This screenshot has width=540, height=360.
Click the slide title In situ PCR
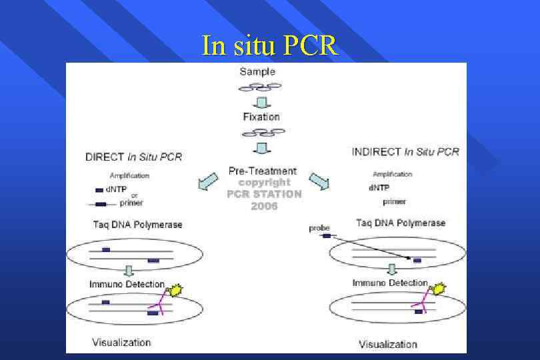point(270,46)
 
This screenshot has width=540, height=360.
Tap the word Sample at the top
point(257,72)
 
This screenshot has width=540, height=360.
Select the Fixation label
point(261,117)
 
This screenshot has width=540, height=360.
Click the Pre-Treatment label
point(263,171)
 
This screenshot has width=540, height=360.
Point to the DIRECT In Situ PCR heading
point(133,157)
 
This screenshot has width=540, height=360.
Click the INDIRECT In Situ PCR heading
point(405,152)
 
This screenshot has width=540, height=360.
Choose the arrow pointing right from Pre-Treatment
point(319,181)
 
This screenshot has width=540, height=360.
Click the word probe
point(319,228)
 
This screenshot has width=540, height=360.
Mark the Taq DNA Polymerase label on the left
point(137,225)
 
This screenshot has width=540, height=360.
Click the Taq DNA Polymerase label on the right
point(401,223)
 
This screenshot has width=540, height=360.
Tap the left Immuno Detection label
point(127,285)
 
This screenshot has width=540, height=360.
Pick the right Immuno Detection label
point(390,283)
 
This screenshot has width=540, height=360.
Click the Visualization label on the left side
point(121,343)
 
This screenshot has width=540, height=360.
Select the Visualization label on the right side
point(388,344)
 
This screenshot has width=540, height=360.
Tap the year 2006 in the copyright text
point(264,206)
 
